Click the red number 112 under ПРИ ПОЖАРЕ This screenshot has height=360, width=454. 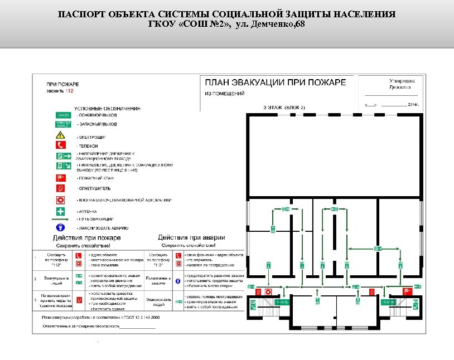tap(69, 90)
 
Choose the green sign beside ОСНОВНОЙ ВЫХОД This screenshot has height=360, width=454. tap(62, 115)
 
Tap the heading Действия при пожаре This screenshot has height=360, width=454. tap(86, 238)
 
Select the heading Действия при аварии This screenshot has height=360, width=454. tap(187, 238)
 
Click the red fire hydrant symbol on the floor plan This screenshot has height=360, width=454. tap(407, 291)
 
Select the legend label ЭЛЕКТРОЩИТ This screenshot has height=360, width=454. tap(92, 137)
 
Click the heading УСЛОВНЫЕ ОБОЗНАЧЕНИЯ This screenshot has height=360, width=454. tap(107, 108)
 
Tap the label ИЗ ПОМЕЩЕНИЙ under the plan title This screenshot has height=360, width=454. tap(224, 94)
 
